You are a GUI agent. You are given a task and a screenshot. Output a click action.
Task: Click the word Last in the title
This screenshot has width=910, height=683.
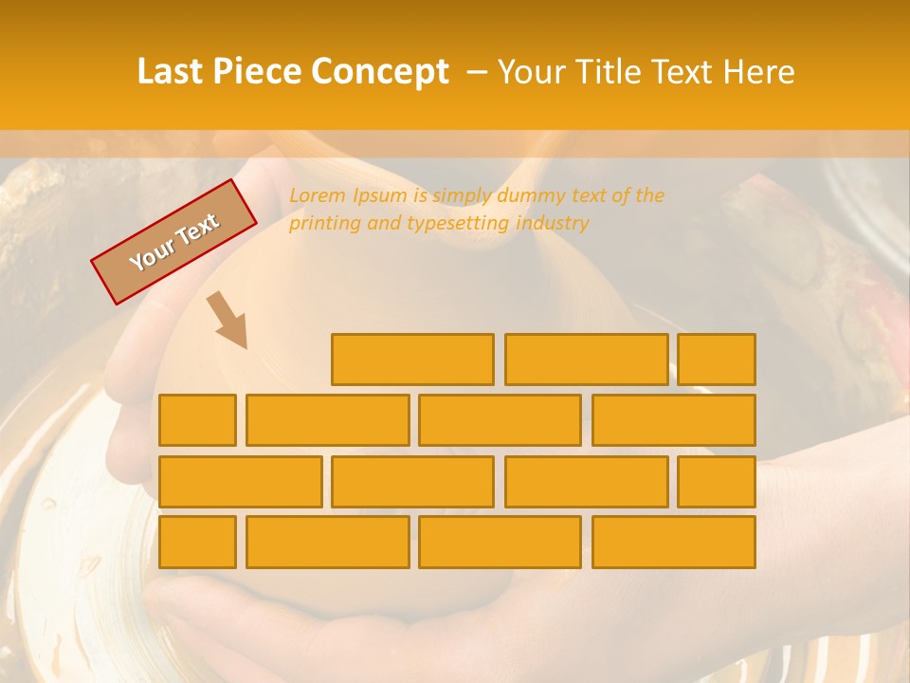[172, 72]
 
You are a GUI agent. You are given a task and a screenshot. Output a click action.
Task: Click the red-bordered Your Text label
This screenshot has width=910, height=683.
[173, 242]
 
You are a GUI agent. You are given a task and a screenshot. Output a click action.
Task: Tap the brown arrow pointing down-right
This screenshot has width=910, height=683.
[227, 320]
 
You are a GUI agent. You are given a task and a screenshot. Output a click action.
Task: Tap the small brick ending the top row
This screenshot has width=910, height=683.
[717, 360]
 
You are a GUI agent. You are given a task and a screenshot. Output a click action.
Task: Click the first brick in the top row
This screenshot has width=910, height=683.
[412, 360]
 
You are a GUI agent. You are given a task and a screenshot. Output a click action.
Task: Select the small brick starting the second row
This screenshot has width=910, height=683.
[197, 420]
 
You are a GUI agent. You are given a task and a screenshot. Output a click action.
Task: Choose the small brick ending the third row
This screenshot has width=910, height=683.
[717, 482]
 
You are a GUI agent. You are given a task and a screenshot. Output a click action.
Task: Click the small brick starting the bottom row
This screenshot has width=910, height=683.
[197, 543]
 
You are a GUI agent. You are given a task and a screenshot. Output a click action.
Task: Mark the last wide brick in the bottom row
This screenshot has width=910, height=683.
[674, 543]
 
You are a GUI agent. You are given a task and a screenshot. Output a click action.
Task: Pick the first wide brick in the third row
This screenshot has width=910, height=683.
[240, 482]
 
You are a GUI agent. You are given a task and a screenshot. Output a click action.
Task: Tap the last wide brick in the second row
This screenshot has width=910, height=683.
[674, 420]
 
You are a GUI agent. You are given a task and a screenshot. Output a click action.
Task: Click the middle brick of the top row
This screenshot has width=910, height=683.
[586, 360]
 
